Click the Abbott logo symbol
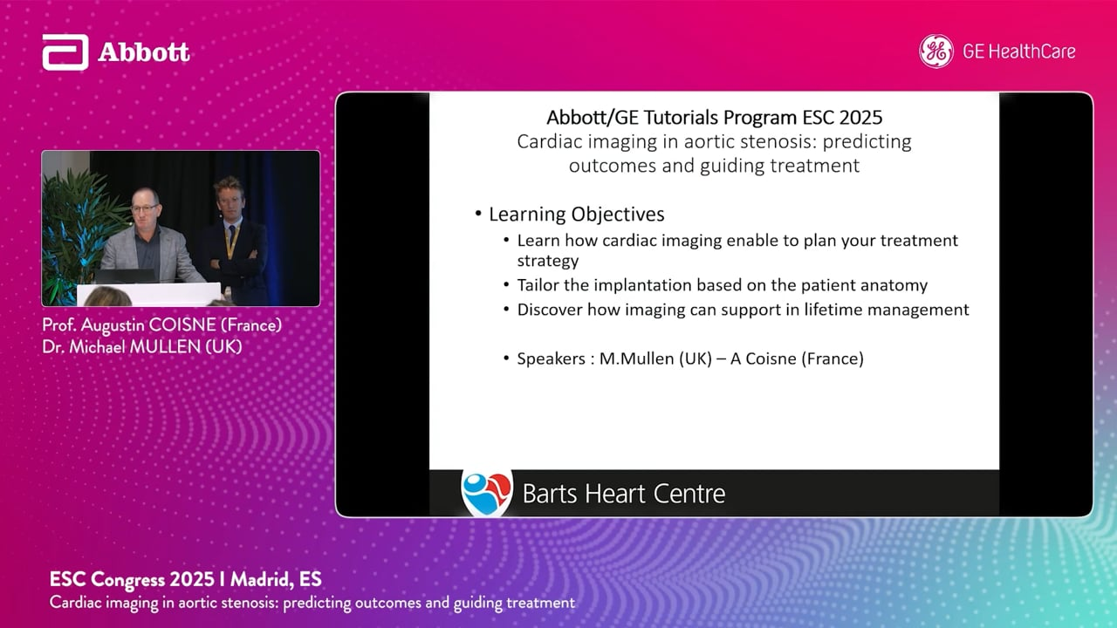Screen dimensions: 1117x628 (x=65, y=51)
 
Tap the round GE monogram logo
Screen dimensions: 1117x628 (x=936, y=51)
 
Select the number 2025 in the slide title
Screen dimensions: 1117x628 (x=860, y=117)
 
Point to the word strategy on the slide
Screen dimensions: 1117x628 (x=548, y=261)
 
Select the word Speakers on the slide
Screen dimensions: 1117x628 (x=551, y=358)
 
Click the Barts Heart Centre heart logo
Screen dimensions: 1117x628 (x=487, y=493)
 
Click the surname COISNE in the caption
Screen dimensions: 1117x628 (x=182, y=325)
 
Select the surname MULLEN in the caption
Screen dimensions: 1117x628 (x=165, y=347)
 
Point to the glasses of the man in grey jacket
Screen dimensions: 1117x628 (x=145, y=208)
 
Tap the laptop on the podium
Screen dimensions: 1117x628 (x=125, y=276)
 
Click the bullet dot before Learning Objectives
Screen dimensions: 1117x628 (x=478, y=214)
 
